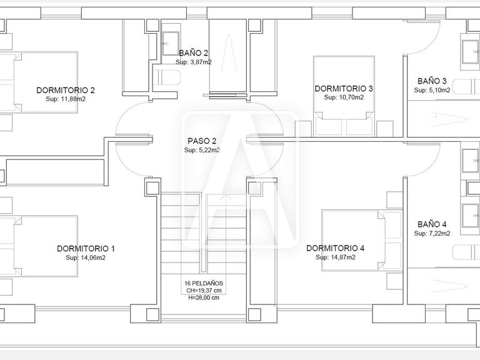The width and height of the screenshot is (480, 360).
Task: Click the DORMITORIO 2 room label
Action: tap(66, 89)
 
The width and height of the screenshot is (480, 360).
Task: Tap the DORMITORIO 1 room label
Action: tap(86, 248)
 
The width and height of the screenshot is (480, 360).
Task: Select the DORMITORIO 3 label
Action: tap(344, 89)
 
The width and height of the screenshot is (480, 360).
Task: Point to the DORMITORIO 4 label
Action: tap(335, 248)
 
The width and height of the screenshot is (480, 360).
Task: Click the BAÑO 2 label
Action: tap(193, 53)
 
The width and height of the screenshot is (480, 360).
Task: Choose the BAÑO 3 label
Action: tap(432, 81)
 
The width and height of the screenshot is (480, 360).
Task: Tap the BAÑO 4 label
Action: tap(432, 224)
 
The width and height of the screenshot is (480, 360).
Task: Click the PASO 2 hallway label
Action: tap(202, 141)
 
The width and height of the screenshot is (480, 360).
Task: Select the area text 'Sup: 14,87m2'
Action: tap(335, 257)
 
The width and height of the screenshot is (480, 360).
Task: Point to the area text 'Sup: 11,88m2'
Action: tap(66, 99)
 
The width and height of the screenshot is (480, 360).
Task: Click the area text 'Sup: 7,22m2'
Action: tap(432, 233)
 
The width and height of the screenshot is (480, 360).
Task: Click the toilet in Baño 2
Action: tap(167, 77)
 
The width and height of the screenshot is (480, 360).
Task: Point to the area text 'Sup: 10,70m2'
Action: tap(344, 98)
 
